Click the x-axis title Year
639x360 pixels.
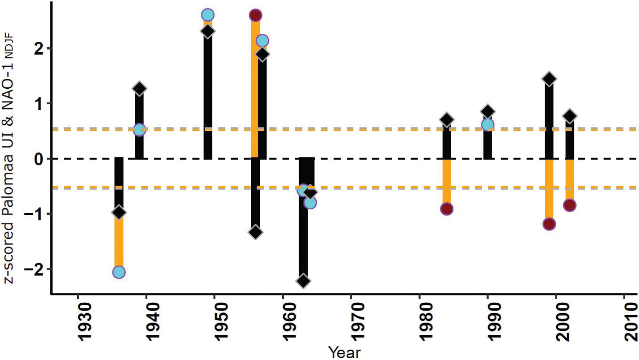(x=345, y=352)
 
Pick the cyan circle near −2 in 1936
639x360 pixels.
(x=118, y=272)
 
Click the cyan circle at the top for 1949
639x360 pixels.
(x=208, y=15)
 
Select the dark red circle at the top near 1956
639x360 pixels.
(x=256, y=16)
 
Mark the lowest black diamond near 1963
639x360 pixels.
(x=303, y=281)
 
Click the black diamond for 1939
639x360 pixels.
(x=139, y=89)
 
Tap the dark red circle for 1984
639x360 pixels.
(x=447, y=209)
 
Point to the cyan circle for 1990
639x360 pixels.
(x=488, y=125)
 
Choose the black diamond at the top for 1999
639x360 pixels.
(x=549, y=79)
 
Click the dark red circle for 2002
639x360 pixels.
(x=570, y=205)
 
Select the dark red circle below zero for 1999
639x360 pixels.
(x=549, y=224)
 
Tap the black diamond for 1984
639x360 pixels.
(x=447, y=120)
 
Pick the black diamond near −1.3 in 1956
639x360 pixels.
(x=256, y=232)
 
